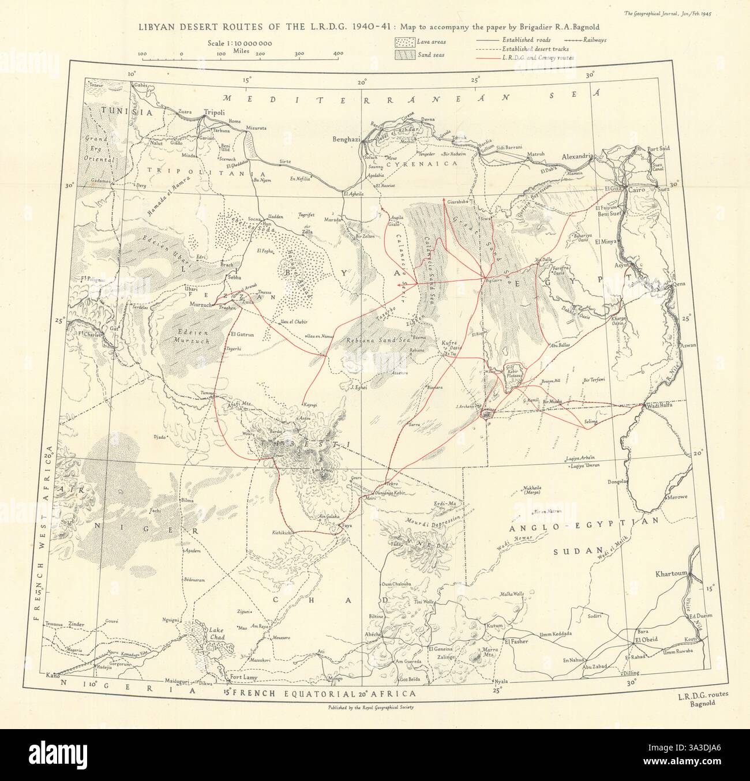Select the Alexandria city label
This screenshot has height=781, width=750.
click(x=579, y=156)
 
